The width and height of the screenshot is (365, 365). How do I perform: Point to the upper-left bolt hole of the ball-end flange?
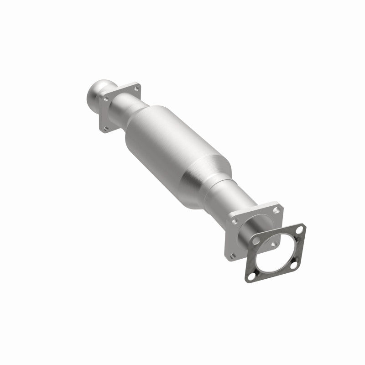coord(106,97)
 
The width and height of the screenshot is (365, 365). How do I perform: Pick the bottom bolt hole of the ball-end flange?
coord(106,129)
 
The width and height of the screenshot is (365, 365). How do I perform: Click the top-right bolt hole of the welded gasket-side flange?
coord(275,211)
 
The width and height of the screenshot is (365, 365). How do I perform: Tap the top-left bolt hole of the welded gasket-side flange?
coord(234,221)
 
